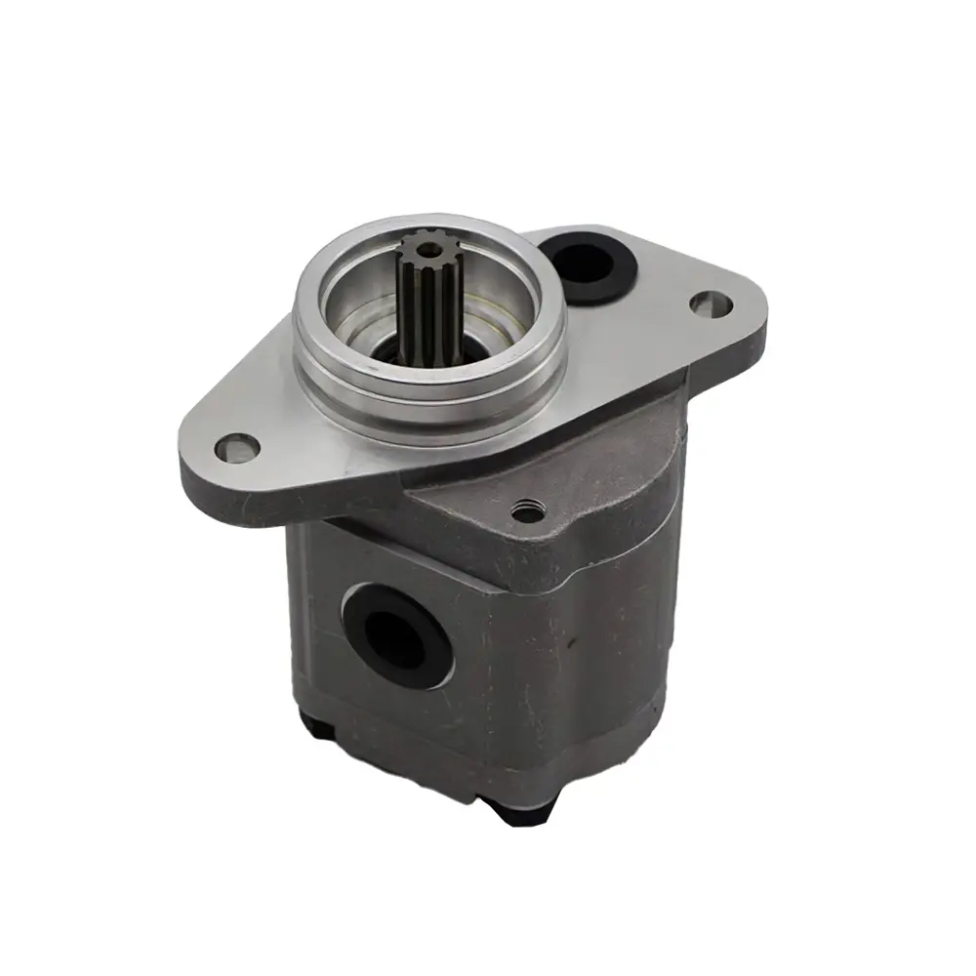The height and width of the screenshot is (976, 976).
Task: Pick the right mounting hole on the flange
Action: pyautogui.click(x=712, y=304)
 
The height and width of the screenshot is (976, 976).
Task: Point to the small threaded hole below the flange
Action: pyautogui.click(x=528, y=509)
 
